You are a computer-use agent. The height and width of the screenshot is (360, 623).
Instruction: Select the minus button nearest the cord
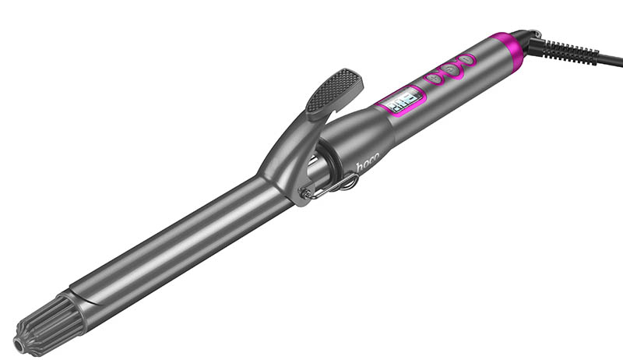coord(466,60)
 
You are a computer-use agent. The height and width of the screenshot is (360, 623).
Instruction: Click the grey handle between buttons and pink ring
coord(487,62)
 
